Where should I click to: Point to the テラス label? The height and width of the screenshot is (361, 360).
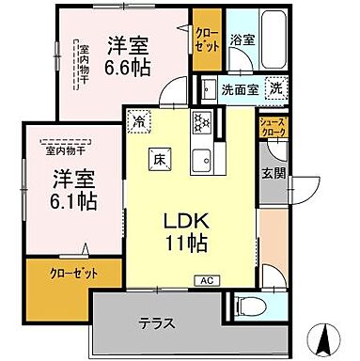tap(157, 323)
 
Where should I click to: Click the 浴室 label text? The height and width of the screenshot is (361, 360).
tap(242, 39)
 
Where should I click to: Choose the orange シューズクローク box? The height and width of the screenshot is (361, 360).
tap(274, 129)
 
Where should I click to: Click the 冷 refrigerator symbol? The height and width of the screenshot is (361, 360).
tap(140, 121)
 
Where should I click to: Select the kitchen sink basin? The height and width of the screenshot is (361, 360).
tap(201, 161)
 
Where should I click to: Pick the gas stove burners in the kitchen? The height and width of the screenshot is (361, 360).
tap(201, 123)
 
